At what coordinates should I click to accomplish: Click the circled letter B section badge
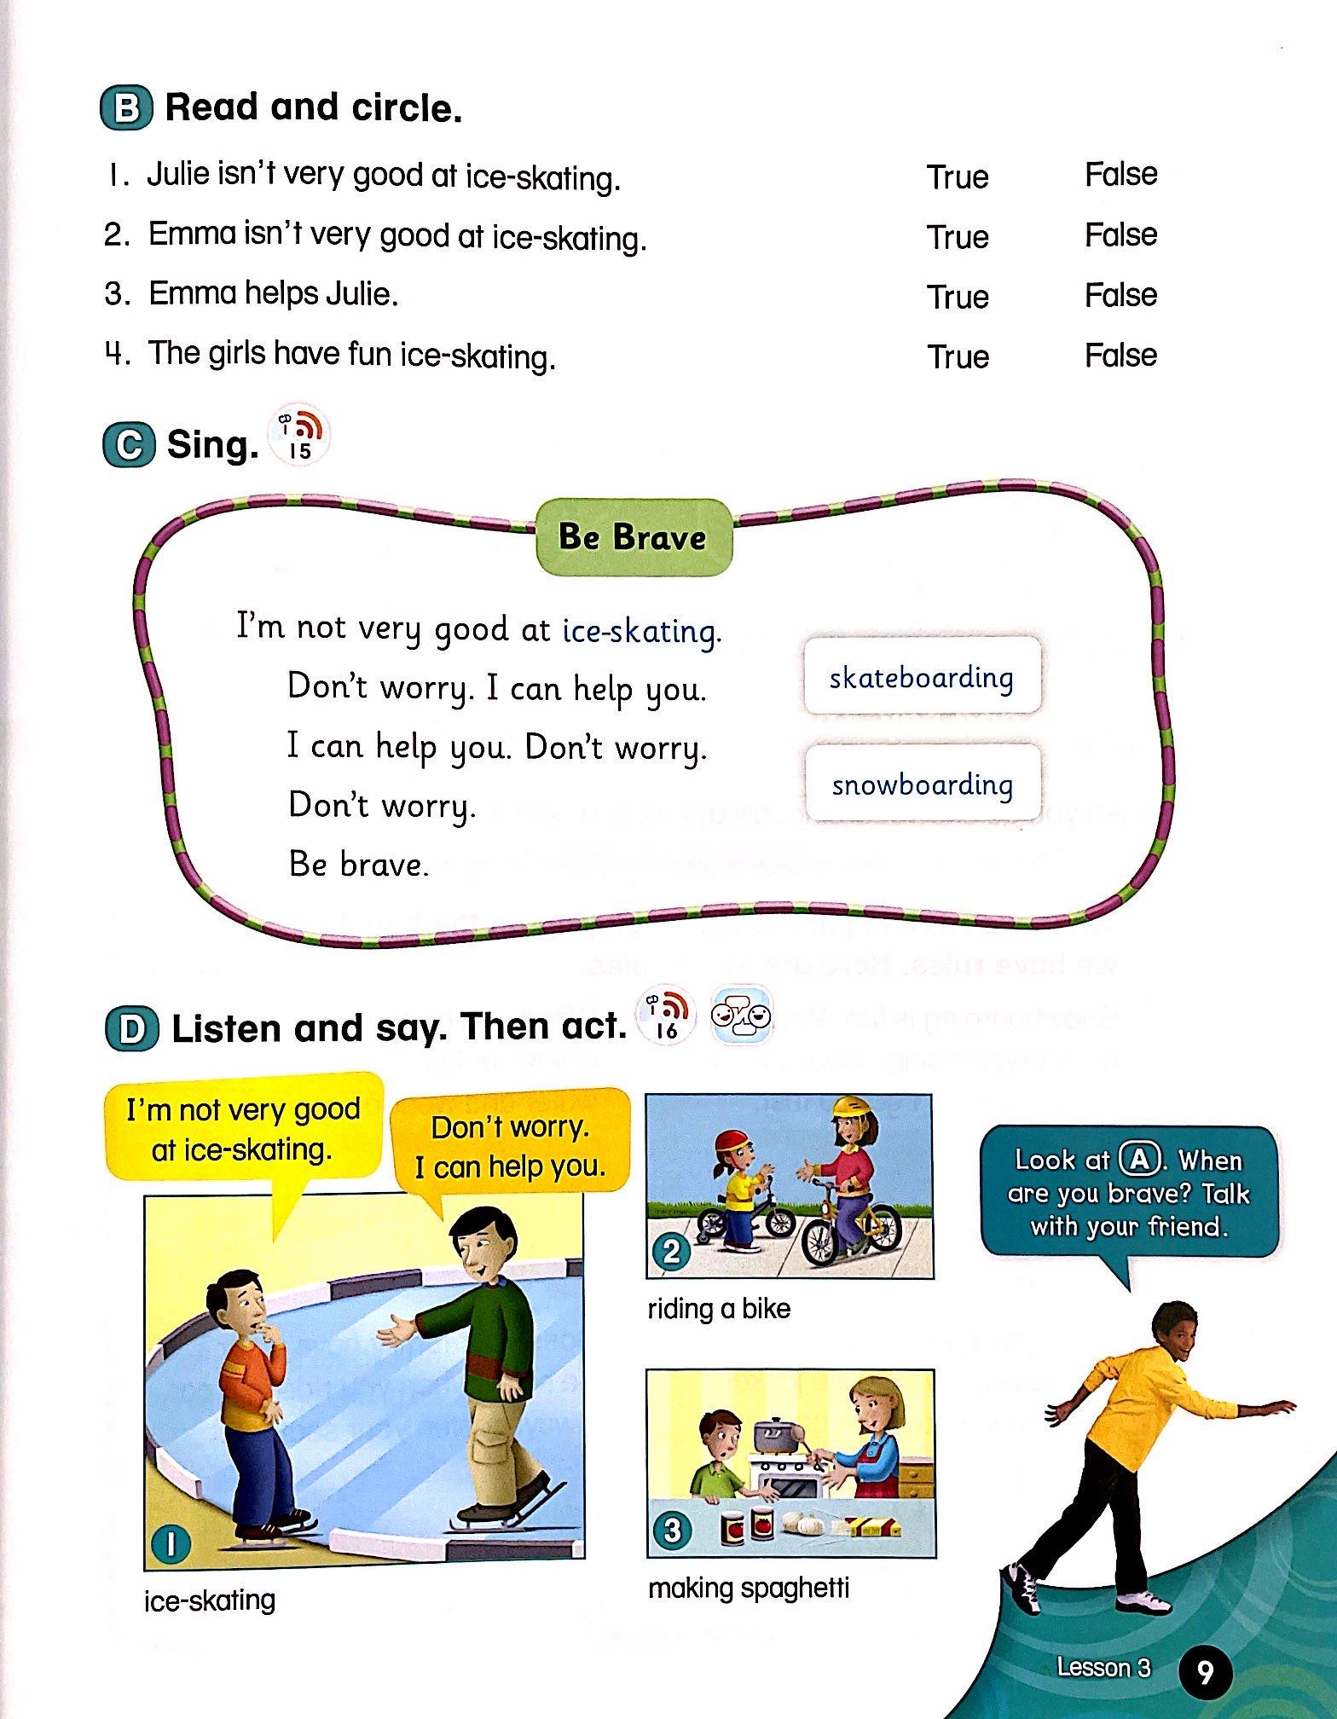click(127, 108)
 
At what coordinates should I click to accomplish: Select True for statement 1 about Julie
click(958, 177)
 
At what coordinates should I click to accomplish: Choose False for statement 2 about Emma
click(1120, 235)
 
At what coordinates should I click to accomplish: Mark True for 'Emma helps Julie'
click(958, 297)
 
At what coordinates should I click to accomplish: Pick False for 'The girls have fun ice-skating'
click(1120, 356)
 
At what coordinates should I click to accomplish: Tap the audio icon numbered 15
click(300, 437)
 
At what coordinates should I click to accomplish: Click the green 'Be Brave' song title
click(633, 537)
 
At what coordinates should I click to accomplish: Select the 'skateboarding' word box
click(922, 678)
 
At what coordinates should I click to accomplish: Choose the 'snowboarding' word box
click(923, 784)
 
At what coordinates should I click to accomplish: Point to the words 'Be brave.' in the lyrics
click(358, 865)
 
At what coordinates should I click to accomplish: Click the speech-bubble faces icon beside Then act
click(741, 1016)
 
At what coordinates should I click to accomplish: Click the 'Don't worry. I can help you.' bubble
click(510, 1146)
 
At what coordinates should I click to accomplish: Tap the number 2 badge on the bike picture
click(671, 1252)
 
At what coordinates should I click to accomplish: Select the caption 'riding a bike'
click(719, 1309)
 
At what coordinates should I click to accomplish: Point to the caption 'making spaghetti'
click(749, 1588)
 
